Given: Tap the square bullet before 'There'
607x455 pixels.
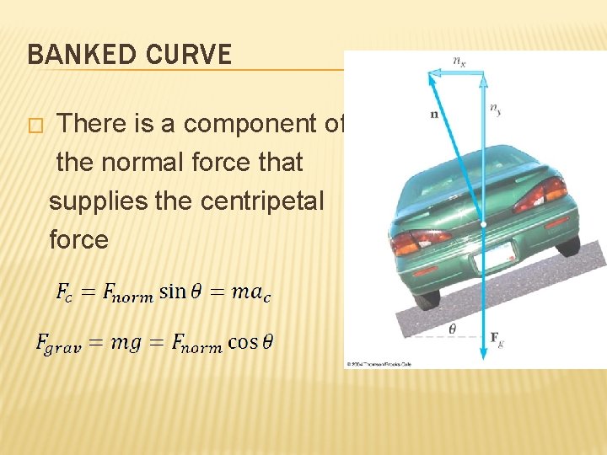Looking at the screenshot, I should (x=35, y=126).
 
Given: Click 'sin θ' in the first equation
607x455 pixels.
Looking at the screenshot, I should (x=184, y=292).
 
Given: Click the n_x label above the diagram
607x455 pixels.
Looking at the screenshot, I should (x=459, y=61).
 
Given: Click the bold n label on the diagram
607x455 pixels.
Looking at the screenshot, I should (x=434, y=114).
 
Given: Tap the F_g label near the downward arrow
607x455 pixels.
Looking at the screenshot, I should (x=498, y=338).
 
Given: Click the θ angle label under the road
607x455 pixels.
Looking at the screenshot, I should (x=453, y=329).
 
